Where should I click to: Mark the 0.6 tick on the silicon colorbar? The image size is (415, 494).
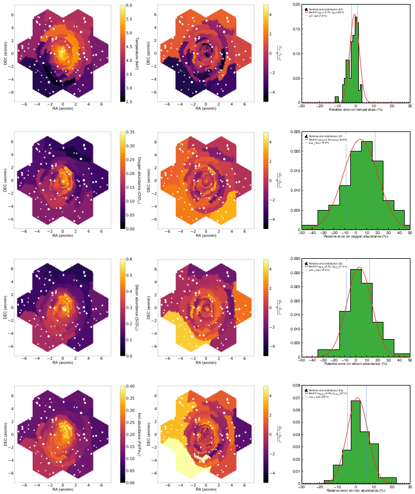coord(129,259)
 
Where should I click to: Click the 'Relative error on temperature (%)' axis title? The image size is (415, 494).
coord(356,109)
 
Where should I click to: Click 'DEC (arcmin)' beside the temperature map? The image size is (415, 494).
coord(5,53)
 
